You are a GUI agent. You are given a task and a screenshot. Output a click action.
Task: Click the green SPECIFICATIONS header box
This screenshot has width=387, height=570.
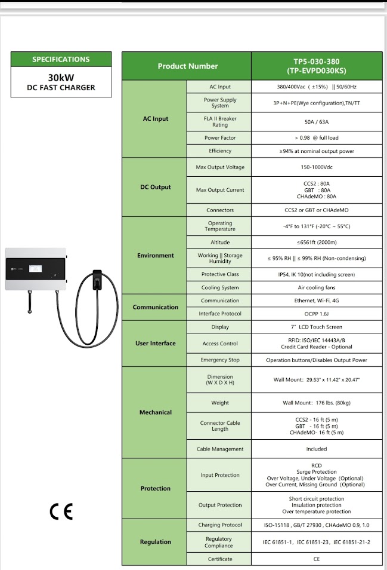pyautogui.click(x=61, y=59)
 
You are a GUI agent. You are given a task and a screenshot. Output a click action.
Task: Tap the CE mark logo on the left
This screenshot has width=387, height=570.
pyautogui.click(x=61, y=512)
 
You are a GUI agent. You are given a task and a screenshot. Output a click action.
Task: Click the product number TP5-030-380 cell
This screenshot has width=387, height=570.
pyautogui.click(x=316, y=66)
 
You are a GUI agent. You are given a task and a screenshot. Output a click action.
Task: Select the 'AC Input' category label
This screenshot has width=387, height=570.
pyautogui.click(x=155, y=119)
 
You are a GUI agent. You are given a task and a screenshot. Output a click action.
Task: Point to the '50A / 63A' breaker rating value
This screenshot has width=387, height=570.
pyautogui.click(x=316, y=122)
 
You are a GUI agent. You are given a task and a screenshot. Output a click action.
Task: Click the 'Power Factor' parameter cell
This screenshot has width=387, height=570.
pyautogui.click(x=220, y=138)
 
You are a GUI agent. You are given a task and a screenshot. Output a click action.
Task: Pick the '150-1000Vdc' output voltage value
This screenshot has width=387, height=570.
pyautogui.click(x=316, y=167)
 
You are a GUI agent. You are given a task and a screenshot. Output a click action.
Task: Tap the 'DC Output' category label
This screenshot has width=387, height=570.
pyautogui.click(x=155, y=187)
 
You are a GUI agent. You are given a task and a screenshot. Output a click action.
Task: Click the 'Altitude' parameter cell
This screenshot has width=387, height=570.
pyautogui.click(x=220, y=243)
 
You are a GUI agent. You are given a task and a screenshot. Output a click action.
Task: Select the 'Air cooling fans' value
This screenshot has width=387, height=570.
pyautogui.click(x=316, y=287)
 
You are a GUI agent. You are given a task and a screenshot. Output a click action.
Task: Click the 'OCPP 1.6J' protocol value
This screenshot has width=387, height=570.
pyautogui.click(x=316, y=314)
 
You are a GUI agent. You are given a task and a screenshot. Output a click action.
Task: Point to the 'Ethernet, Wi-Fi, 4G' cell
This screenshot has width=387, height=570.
pyautogui.click(x=316, y=301)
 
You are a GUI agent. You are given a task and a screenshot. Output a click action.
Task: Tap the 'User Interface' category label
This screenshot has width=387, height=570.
pyautogui.click(x=155, y=344)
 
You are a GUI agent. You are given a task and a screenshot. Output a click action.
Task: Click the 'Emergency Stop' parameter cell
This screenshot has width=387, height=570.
pyautogui.click(x=220, y=360)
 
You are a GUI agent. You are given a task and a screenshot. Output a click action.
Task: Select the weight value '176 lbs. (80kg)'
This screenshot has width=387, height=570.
pyautogui.click(x=316, y=403)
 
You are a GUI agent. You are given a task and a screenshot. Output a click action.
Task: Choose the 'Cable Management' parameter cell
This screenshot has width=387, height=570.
pyautogui.click(x=220, y=449)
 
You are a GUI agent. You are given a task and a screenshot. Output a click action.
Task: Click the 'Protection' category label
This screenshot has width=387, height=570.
pyautogui.click(x=155, y=489)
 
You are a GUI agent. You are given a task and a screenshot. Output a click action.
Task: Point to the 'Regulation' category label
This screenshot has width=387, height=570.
pyautogui.click(x=155, y=542)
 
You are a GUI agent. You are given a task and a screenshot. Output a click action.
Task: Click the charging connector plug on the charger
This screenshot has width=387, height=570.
pyautogui.click(x=96, y=280)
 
